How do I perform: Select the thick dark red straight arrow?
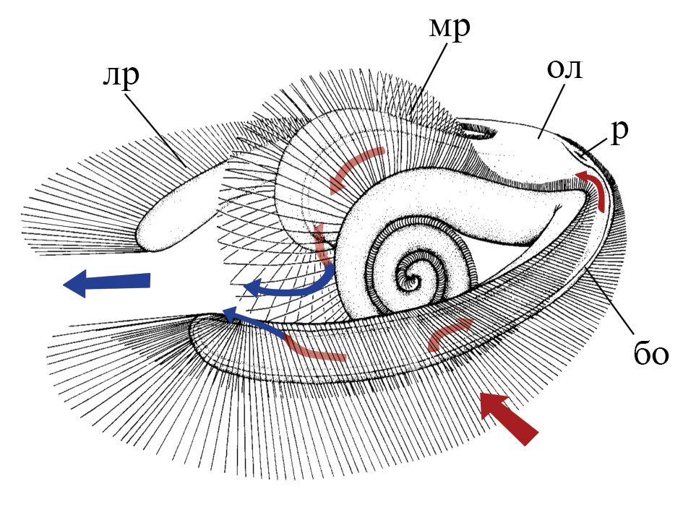[510, 418]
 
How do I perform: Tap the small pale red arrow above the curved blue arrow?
[322, 246]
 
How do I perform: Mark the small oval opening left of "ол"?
[478, 131]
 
